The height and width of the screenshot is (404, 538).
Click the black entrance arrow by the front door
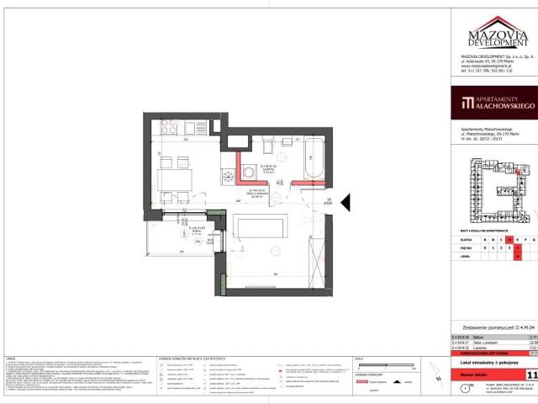click(345, 202)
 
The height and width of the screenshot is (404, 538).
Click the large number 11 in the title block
click(531, 374)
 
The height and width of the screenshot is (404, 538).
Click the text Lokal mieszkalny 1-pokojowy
click(491, 359)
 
